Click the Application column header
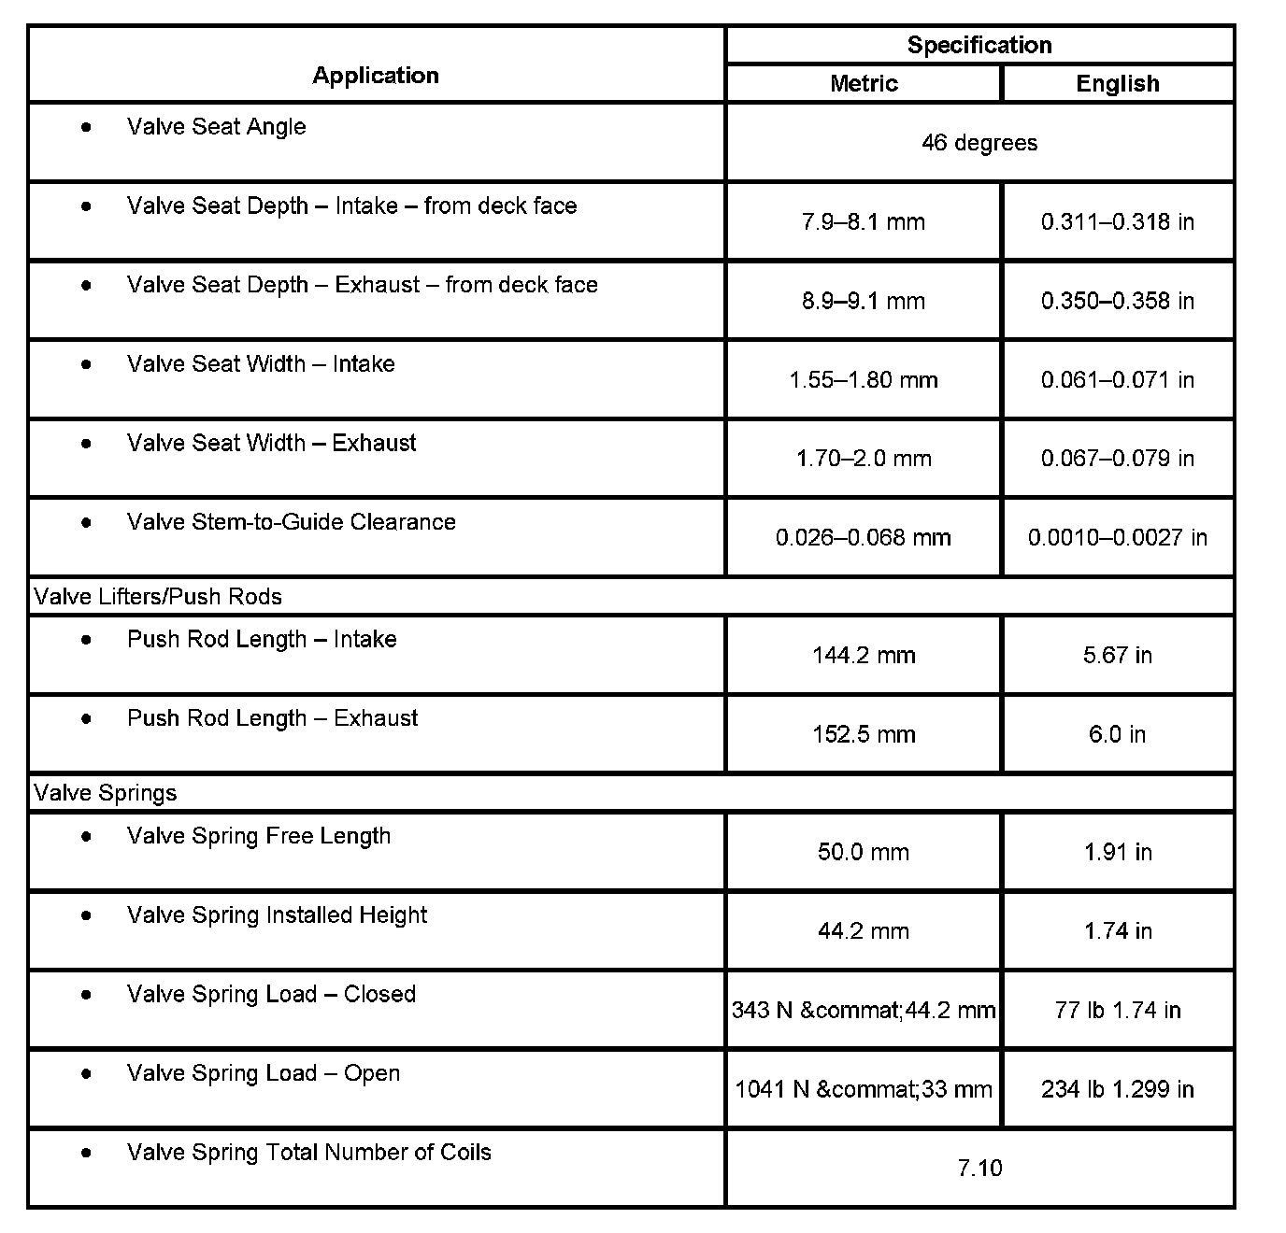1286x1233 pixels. click(376, 76)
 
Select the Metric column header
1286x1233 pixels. click(864, 83)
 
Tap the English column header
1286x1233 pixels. click(1118, 83)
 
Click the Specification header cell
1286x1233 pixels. click(979, 45)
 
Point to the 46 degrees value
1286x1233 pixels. click(979, 143)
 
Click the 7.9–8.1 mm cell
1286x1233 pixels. click(864, 222)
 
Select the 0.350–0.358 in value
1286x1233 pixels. click(1118, 301)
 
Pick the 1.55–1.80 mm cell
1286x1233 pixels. click(864, 380)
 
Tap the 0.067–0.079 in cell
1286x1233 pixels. click(1118, 459)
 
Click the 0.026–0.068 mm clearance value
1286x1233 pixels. click(864, 538)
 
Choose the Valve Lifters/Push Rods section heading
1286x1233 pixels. click(158, 597)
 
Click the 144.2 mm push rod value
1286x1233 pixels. click(864, 656)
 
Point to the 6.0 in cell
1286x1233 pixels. click(1118, 734)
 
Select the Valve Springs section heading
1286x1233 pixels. click(106, 793)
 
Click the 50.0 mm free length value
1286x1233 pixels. click(864, 852)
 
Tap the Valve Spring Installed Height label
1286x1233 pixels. click(277, 915)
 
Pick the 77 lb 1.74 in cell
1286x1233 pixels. click(1118, 1010)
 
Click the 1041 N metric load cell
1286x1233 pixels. click(864, 1089)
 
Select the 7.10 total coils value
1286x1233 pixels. click(979, 1168)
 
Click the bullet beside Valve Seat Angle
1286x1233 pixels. click(87, 127)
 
